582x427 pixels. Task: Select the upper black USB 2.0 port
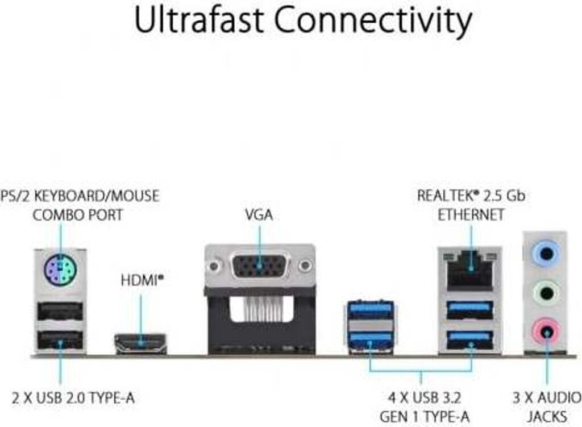(60, 311)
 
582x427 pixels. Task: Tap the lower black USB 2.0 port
(60, 339)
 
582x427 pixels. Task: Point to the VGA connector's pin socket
(259, 266)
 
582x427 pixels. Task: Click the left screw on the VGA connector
(214, 266)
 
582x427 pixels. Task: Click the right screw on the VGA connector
(305, 266)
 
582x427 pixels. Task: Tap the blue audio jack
(546, 254)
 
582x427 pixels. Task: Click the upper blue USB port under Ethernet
(470, 310)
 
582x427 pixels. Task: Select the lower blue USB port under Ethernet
(470, 339)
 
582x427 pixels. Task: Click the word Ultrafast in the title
(199, 20)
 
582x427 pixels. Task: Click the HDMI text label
(140, 280)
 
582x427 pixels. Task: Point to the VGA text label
(259, 214)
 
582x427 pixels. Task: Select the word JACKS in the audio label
(547, 417)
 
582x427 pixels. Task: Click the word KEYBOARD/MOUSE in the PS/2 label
(97, 196)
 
